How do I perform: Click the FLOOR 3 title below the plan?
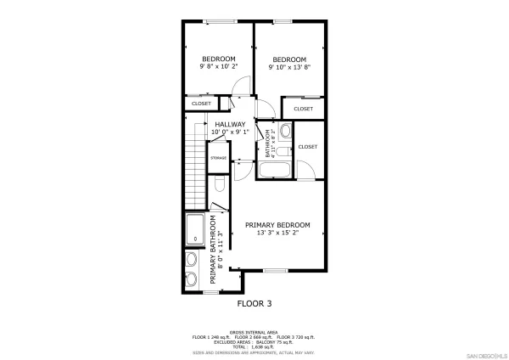255,303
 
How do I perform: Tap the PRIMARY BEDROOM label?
277,225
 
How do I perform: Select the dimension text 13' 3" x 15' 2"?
277,233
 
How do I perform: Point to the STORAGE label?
218,158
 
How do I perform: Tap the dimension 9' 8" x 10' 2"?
218,66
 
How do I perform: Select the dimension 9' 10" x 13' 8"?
288,66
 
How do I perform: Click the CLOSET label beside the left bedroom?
201,104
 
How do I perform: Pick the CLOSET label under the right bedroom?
303,110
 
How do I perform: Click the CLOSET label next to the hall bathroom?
307,147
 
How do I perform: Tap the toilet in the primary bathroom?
218,183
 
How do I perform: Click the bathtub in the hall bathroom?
276,171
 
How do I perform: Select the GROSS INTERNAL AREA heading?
255,332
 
